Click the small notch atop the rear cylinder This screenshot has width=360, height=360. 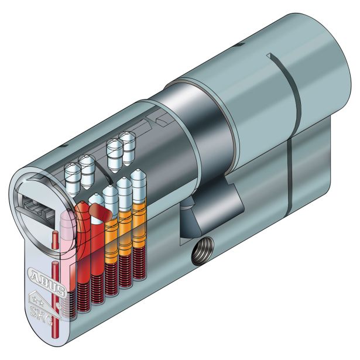click(x=269, y=57)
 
